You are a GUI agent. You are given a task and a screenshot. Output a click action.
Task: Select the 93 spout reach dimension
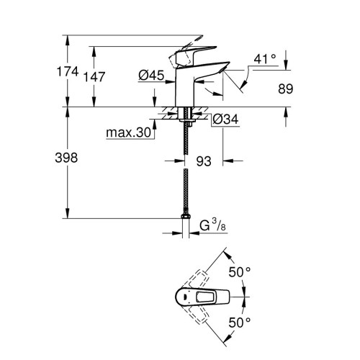pyautogui.click(x=204, y=161)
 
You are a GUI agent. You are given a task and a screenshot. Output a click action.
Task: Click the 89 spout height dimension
pyautogui.click(x=287, y=89)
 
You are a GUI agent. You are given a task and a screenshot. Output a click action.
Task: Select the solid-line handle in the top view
pyautogui.click(x=202, y=296)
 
